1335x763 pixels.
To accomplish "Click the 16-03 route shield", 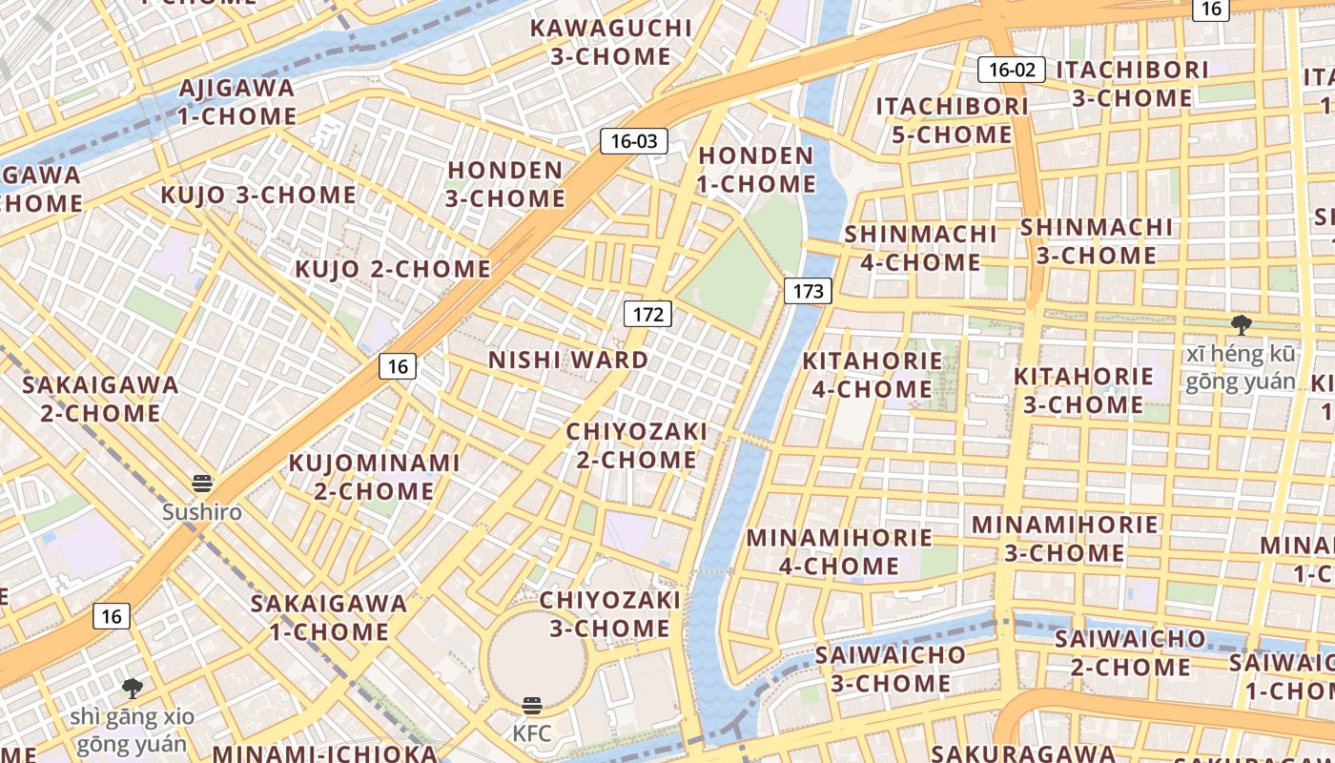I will tap(634, 141).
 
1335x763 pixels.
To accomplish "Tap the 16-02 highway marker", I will tap(1012, 69).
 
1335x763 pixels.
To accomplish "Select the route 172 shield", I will tap(647, 313).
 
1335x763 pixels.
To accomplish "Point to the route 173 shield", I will tap(808, 291).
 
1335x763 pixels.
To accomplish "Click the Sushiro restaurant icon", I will tap(202, 484).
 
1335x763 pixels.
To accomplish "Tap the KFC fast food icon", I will tap(532, 706).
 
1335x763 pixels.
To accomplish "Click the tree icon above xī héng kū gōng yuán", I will tap(1241, 325).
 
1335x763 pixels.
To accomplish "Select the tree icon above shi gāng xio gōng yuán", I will tap(133, 688).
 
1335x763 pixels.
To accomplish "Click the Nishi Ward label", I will tap(568, 361).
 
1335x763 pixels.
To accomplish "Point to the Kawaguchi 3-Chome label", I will tap(610, 42).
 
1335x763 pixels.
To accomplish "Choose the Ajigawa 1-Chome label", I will tap(237, 102).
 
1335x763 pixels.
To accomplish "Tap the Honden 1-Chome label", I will tap(757, 170).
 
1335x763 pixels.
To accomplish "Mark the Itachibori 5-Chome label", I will tap(953, 120).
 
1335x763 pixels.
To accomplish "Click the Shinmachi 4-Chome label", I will tap(920, 248).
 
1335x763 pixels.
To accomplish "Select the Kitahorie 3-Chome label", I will tap(1083, 390).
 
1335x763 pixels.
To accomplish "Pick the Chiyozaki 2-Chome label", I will tap(637, 445).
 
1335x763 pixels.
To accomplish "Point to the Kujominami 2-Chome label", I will tap(375, 477).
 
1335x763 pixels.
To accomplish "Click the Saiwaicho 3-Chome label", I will tap(891, 670).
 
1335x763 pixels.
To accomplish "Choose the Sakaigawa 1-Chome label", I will tap(329, 617).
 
